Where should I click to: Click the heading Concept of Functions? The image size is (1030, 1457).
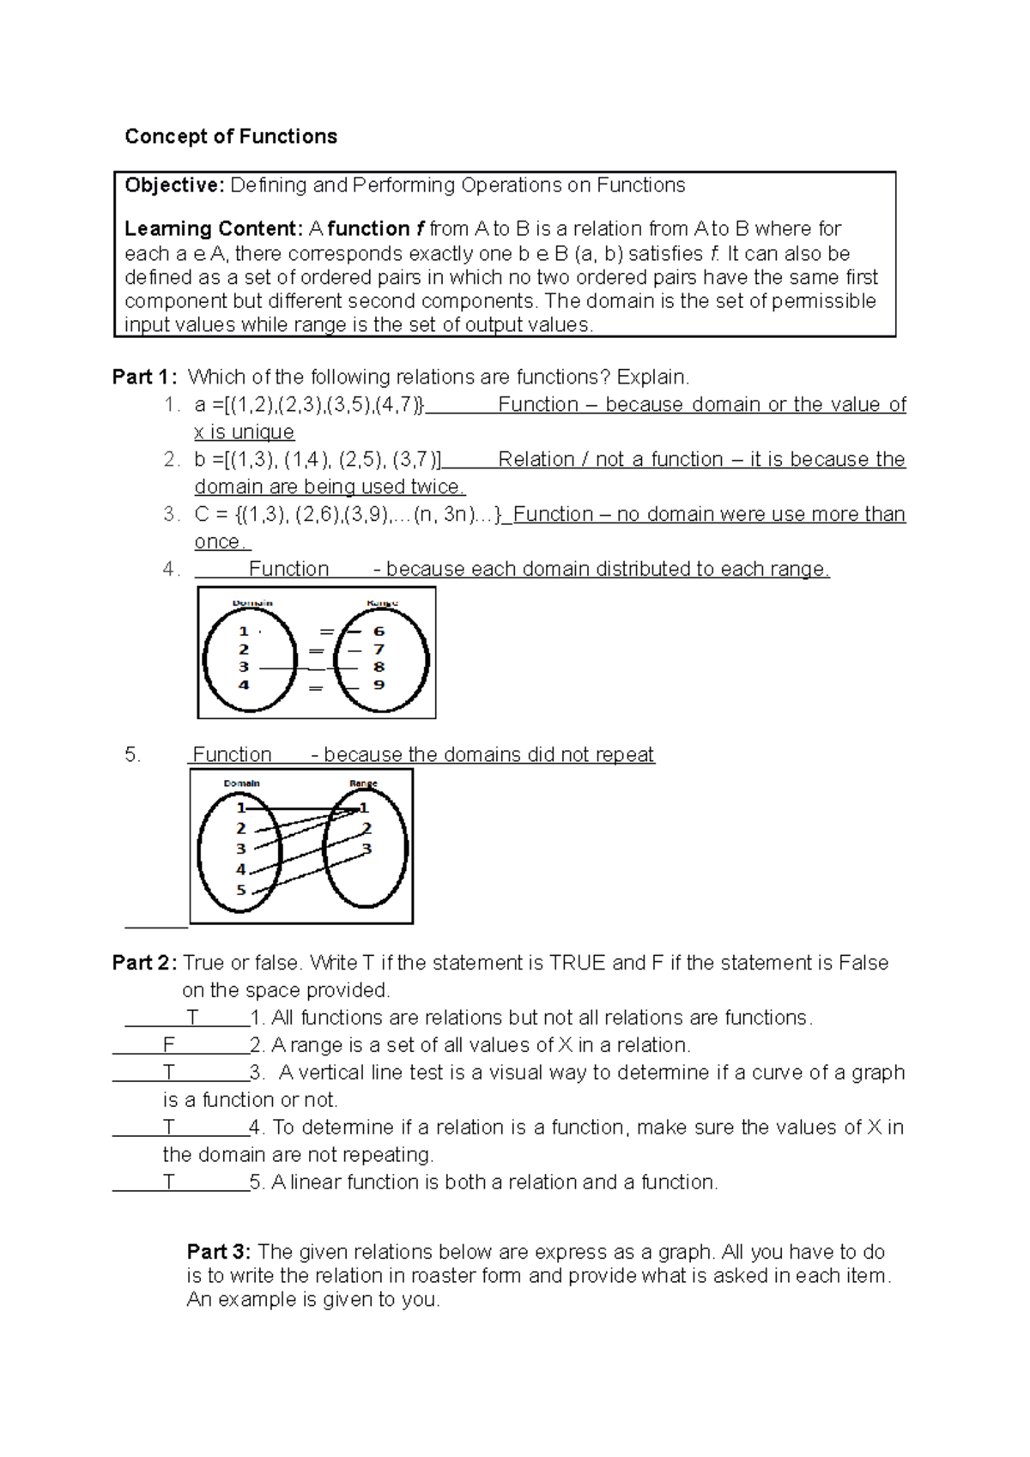[x=231, y=136]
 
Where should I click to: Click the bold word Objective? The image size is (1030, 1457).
[x=174, y=185]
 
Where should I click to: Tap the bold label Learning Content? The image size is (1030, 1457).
[x=213, y=229]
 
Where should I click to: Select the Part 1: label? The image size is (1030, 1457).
[x=145, y=378]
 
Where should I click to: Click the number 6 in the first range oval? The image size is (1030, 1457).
[x=379, y=632]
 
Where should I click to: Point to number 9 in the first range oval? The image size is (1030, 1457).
[x=379, y=685]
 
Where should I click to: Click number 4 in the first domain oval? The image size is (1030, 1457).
[x=244, y=685]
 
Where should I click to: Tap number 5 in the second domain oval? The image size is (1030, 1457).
[x=241, y=890]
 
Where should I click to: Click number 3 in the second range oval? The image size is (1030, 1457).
[x=367, y=849]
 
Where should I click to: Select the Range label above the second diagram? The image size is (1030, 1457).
[x=364, y=783]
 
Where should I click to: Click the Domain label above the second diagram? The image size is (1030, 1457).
[x=242, y=783]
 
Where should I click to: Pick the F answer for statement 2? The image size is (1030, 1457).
[x=169, y=1045]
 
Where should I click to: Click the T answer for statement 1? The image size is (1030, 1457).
[x=193, y=1018]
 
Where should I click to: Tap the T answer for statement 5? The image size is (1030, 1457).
[x=169, y=1182]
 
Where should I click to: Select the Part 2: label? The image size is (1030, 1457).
[x=145, y=963]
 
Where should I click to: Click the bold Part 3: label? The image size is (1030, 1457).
[x=219, y=1252]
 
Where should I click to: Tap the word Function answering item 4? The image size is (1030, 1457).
[x=288, y=569]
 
